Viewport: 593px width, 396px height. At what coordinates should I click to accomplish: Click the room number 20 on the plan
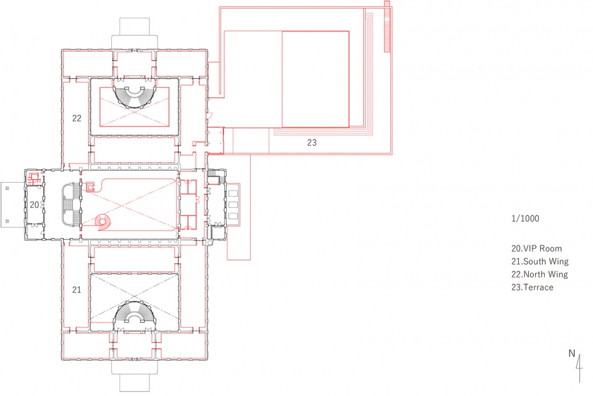pyautogui.click(x=35, y=205)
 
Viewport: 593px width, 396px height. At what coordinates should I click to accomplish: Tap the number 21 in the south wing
pyautogui.click(x=77, y=289)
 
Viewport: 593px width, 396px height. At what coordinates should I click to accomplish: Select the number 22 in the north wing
pyautogui.click(x=77, y=118)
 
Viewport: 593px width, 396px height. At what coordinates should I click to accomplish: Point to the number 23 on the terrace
pyautogui.click(x=311, y=142)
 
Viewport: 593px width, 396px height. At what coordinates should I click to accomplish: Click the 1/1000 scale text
pyautogui.click(x=525, y=218)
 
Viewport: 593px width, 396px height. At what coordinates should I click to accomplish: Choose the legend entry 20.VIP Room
pyautogui.click(x=537, y=249)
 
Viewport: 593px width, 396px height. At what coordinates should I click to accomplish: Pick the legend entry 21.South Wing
pyautogui.click(x=540, y=262)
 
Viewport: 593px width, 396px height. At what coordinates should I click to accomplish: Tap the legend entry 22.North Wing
pyautogui.click(x=540, y=274)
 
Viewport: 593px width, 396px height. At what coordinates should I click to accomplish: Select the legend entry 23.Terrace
pyautogui.click(x=532, y=287)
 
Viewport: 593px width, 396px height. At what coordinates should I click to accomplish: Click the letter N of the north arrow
pyautogui.click(x=571, y=353)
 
